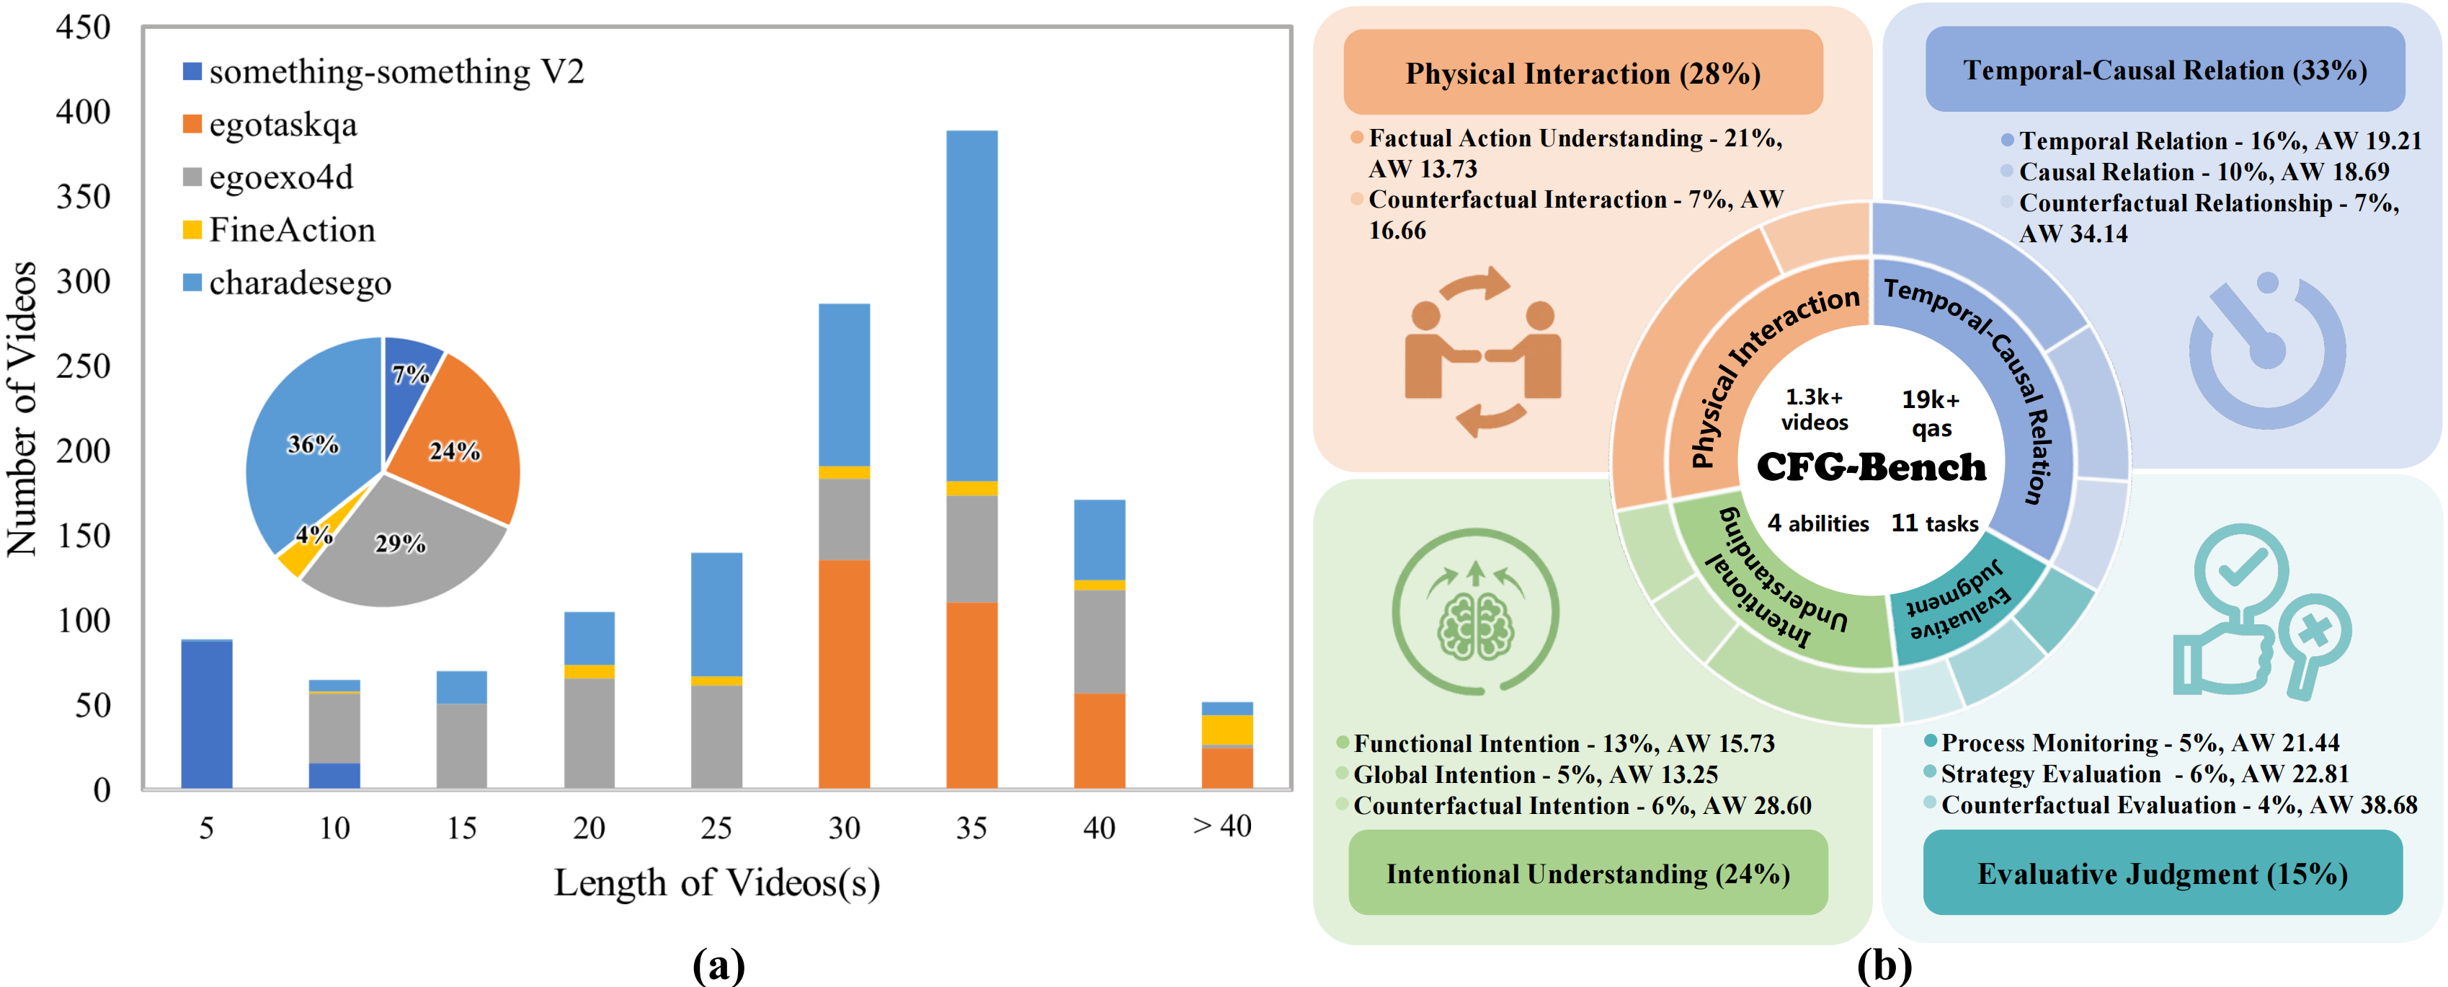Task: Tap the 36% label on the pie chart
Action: pyautogui.click(x=313, y=444)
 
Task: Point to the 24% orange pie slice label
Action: pyautogui.click(x=454, y=451)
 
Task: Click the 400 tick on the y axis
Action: pyautogui.click(x=83, y=112)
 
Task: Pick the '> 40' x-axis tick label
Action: pyautogui.click(x=1222, y=826)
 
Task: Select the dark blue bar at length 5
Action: pyautogui.click(x=206, y=713)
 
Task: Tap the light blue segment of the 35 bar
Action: pyautogui.click(x=971, y=304)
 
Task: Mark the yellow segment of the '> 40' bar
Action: pyautogui.click(x=1227, y=730)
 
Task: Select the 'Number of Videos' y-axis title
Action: pyautogui.click(x=23, y=409)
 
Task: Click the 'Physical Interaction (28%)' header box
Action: pyautogui.click(x=1583, y=74)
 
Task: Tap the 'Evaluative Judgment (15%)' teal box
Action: pyautogui.click(x=2162, y=873)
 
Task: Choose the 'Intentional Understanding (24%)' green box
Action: pyautogui.click(x=1587, y=873)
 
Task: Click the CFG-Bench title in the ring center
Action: pyautogui.click(x=1870, y=467)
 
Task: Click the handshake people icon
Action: pyautogui.click(x=1482, y=352)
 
